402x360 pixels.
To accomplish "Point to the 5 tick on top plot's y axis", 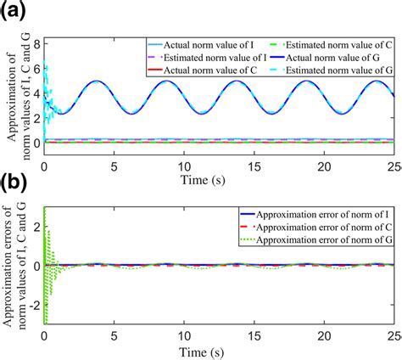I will pos(35,82).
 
